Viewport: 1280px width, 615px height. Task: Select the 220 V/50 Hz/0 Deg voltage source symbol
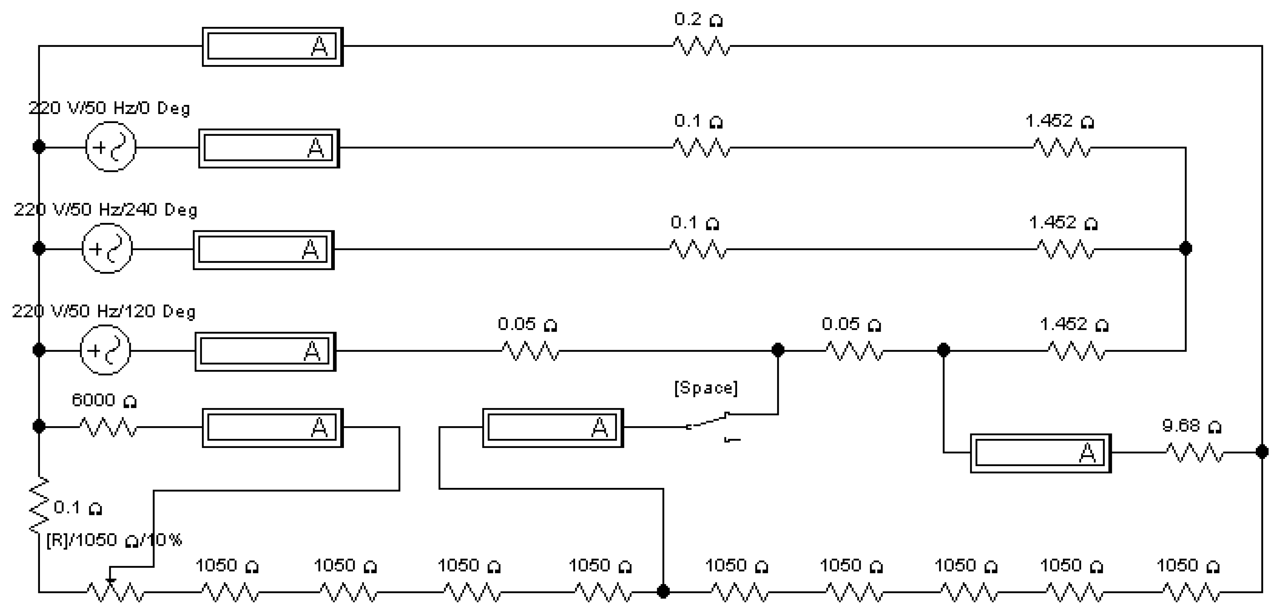[x=110, y=147]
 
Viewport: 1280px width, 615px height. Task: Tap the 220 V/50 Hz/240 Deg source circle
[x=107, y=248]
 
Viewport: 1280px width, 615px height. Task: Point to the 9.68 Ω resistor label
[x=1191, y=426]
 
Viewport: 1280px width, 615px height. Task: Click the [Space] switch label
[x=706, y=388]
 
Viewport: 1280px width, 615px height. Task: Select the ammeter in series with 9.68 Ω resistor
[x=1040, y=453]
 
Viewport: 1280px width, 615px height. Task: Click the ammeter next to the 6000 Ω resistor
[x=272, y=428]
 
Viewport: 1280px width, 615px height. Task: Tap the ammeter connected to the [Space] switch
[x=553, y=428]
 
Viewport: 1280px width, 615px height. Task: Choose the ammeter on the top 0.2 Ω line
[x=272, y=47]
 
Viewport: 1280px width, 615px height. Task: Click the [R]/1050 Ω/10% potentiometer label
[x=114, y=540]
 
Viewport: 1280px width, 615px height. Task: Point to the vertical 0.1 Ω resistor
[x=39, y=506]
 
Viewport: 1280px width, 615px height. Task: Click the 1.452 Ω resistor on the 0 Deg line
[x=1062, y=148]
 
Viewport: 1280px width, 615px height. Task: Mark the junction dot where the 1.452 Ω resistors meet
[x=1186, y=248]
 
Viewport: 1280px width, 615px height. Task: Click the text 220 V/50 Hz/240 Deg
[x=105, y=210]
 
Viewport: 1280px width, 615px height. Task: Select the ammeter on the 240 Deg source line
[x=263, y=250]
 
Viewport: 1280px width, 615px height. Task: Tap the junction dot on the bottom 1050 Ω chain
[x=663, y=591]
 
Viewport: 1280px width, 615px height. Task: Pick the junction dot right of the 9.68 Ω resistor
[x=1262, y=452]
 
